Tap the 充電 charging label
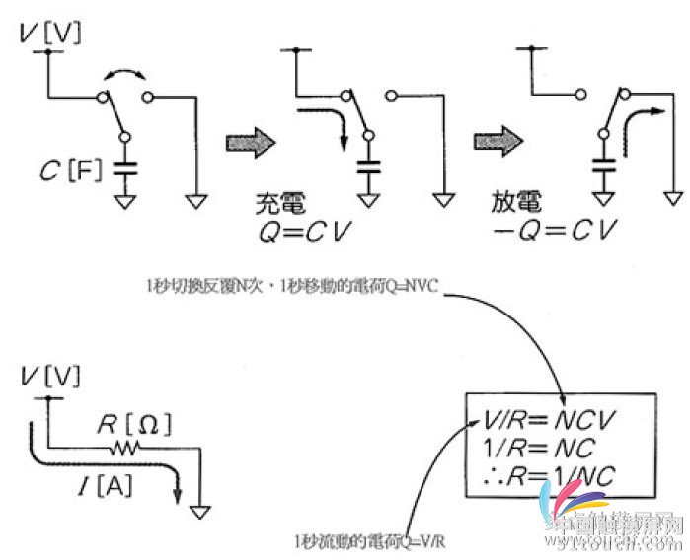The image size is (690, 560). tap(279, 205)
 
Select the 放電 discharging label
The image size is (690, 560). tap(516, 205)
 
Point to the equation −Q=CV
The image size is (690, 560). tap(554, 234)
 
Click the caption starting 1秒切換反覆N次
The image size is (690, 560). tap(301, 286)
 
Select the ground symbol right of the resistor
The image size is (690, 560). tap(200, 512)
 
